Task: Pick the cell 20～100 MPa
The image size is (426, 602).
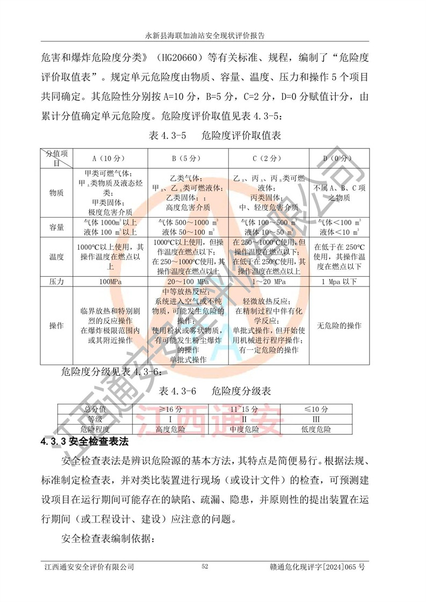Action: [x=188, y=281]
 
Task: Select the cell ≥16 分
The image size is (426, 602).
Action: [x=163, y=410]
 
